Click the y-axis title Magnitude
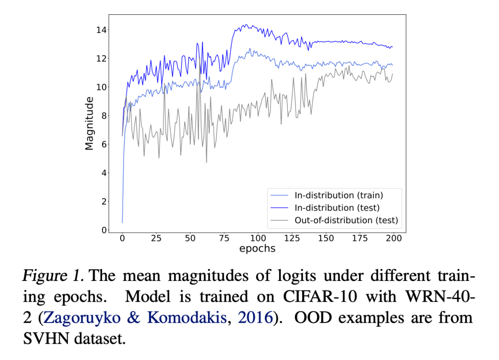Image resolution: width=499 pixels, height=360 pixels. coord(89,123)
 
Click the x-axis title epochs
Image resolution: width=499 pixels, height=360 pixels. coord(257,249)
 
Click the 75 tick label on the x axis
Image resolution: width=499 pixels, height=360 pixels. coord(224,238)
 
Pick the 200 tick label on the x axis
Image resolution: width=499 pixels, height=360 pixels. coord(394,238)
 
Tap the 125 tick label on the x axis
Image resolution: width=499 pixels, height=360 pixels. coord(292,238)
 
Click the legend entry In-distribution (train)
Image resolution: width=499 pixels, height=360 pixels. coord(339,195)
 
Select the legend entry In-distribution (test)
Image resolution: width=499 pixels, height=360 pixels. coord(337,208)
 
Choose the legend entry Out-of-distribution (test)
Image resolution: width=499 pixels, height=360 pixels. coord(346,220)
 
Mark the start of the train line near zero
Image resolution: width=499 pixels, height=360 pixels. coord(122,222)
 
